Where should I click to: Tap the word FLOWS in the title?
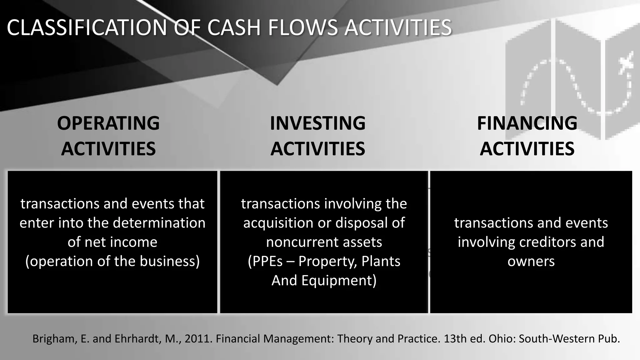pos(302,27)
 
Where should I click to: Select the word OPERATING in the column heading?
pos(108,123)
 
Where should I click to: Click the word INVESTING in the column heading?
pos(317,123)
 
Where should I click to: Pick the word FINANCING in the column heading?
pos(527,123)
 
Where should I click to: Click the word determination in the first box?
pos(159,223)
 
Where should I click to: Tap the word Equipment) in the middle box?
pos(339,280)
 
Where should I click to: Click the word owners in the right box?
pos(531,261)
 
